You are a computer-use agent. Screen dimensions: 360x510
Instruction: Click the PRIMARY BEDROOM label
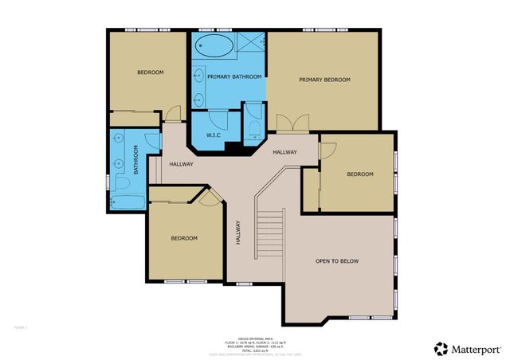(x=324, y=80)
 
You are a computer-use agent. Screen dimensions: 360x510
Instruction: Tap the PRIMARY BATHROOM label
(x=233, y=76)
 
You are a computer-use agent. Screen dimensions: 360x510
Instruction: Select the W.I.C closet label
(x=214, y=135)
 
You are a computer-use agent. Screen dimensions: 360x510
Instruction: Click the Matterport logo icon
(x=441, y=348)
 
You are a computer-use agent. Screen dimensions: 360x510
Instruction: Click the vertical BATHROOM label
(x=136, y=159)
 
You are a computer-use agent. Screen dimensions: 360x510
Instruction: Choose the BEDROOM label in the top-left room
(x=150, y=72)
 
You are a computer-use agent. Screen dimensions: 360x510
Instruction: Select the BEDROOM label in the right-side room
(x=359, y=174)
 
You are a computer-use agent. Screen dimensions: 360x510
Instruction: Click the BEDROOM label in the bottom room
(x=185, y=238)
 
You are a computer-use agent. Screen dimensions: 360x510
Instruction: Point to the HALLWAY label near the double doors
(x=284, y=152)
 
